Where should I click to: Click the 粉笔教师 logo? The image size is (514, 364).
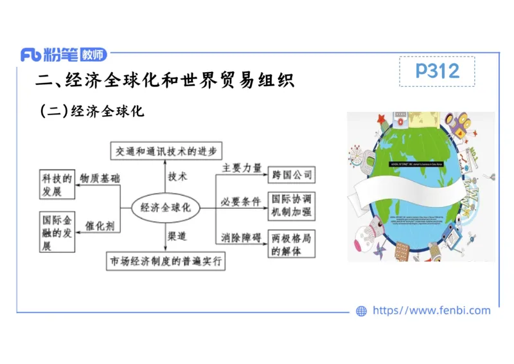(x=64, y=55)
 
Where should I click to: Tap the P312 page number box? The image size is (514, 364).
(x=437, y=71)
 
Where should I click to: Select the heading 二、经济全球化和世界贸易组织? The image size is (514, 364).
(x=164, y=81)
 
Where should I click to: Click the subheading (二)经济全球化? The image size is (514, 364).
(x=92, y=111)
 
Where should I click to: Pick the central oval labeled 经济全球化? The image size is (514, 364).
(x=166, y=208)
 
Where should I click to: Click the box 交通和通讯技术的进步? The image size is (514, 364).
(x=166, y=152)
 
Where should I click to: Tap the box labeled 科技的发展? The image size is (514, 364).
(x=57, y=185)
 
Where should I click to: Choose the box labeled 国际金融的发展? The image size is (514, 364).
(x=57, y=233)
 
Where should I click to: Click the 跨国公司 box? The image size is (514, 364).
(x=292, y=174)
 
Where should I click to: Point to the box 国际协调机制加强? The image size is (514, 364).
(x=292, y=206)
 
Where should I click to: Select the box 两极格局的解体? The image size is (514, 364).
(x=292, y=244)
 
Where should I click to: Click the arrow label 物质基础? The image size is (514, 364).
(x=100, y=177)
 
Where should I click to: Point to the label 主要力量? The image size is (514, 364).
(x=242, y=168)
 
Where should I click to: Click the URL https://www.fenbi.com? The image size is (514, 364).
(x=431, y=311)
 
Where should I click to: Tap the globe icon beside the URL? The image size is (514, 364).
(x=361, y=311)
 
